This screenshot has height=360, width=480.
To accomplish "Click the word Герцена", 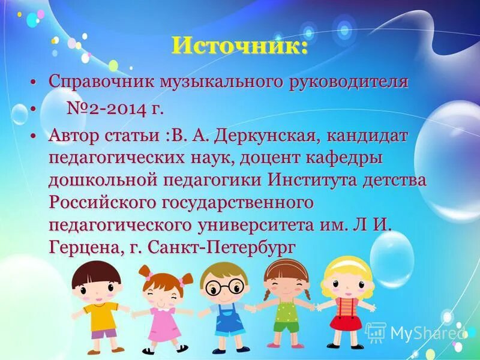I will point(84,247).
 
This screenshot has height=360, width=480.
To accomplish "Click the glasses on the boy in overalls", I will point(224,288).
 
